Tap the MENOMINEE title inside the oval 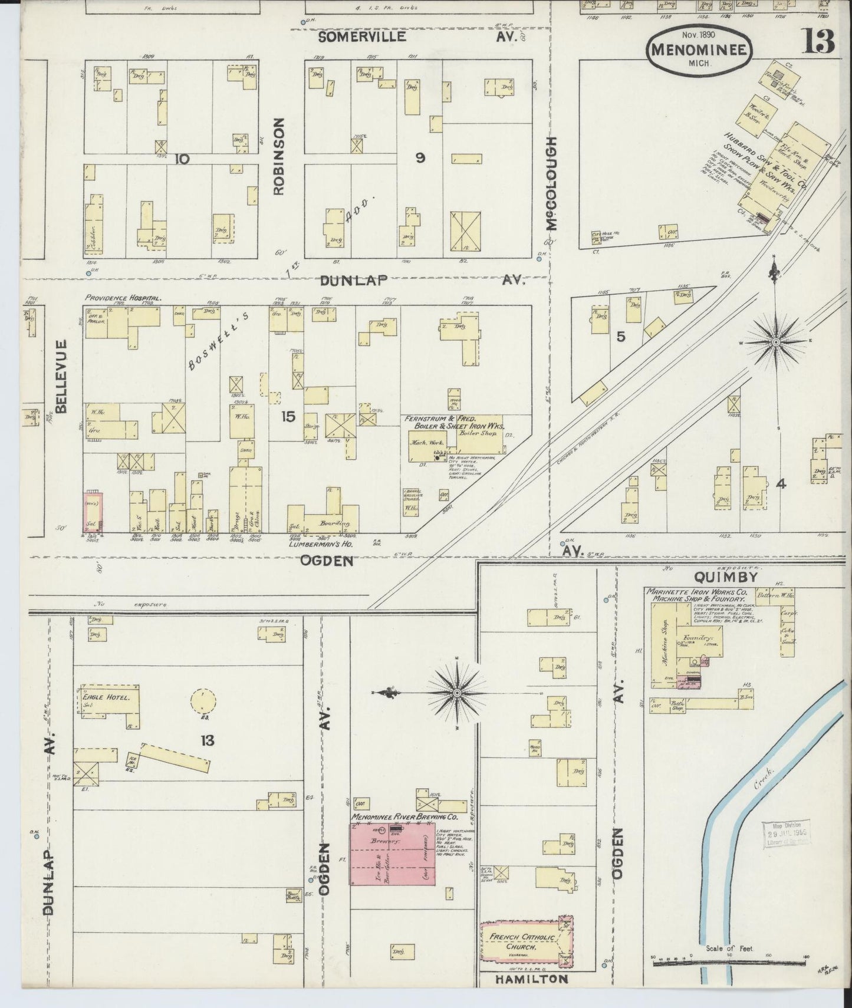click(699, 49)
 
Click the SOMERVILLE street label click(362, 37)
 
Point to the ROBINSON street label click(279, 156)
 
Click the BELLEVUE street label click(63, 376)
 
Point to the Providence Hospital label click(123, 298)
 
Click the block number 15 click(288, 417)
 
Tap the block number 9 click(420, 157)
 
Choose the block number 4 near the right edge click(781, 484)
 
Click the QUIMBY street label click(718, 577)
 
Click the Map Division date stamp click(786, 835)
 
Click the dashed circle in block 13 click(203, 702)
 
